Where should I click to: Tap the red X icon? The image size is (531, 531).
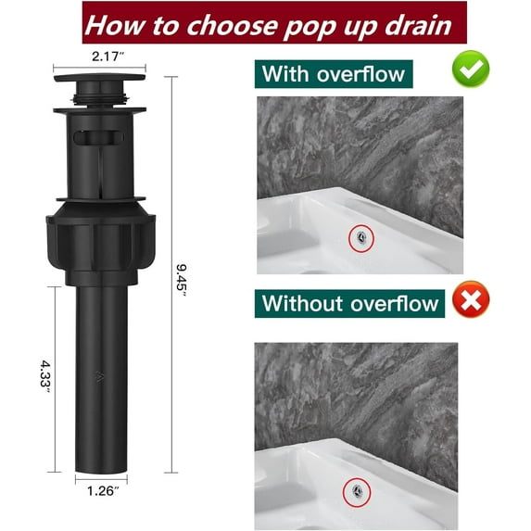(471, 300)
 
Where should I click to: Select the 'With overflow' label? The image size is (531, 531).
(333, 72)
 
